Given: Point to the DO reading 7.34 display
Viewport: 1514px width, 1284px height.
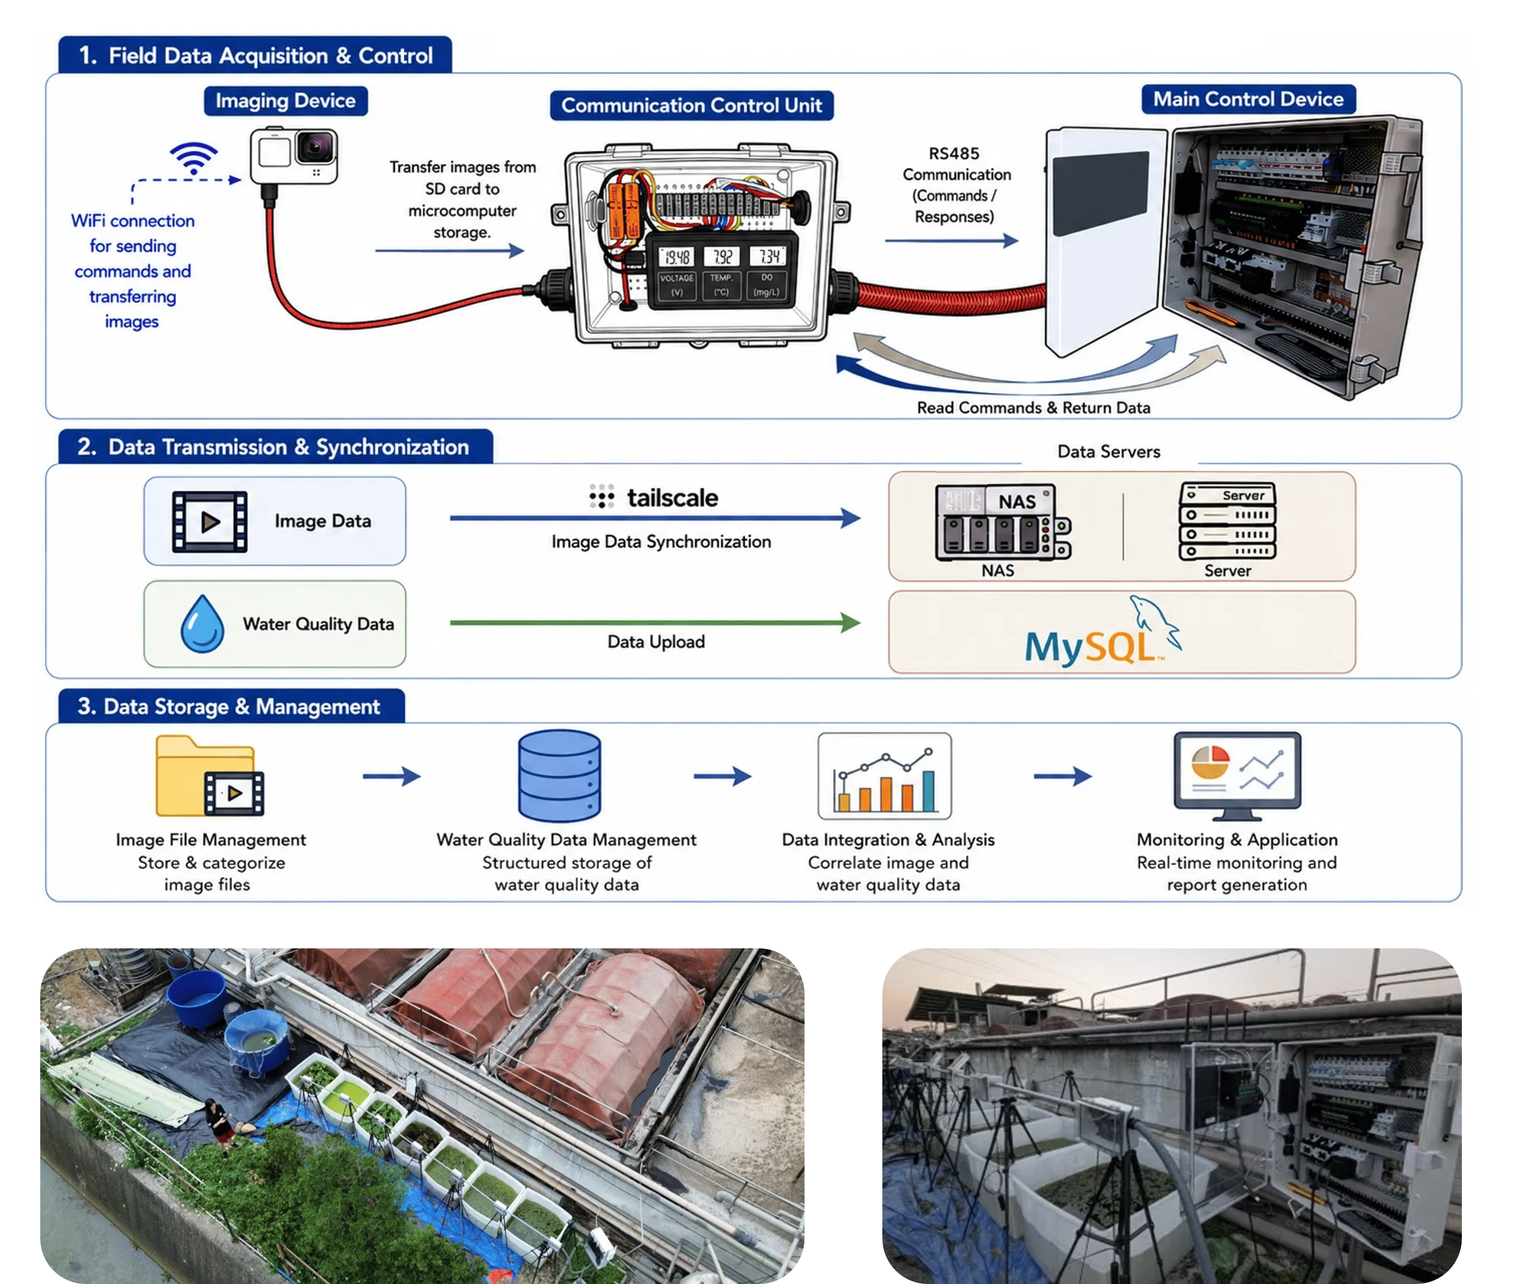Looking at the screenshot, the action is point(768,256).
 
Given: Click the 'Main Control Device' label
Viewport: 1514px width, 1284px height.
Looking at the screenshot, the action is point(1248,99).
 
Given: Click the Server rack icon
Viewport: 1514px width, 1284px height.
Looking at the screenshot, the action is point(1228,521).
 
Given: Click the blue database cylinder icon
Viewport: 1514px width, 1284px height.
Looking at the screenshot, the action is point(559,776).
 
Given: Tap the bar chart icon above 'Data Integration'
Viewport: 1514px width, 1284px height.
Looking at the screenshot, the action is point(884,776).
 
